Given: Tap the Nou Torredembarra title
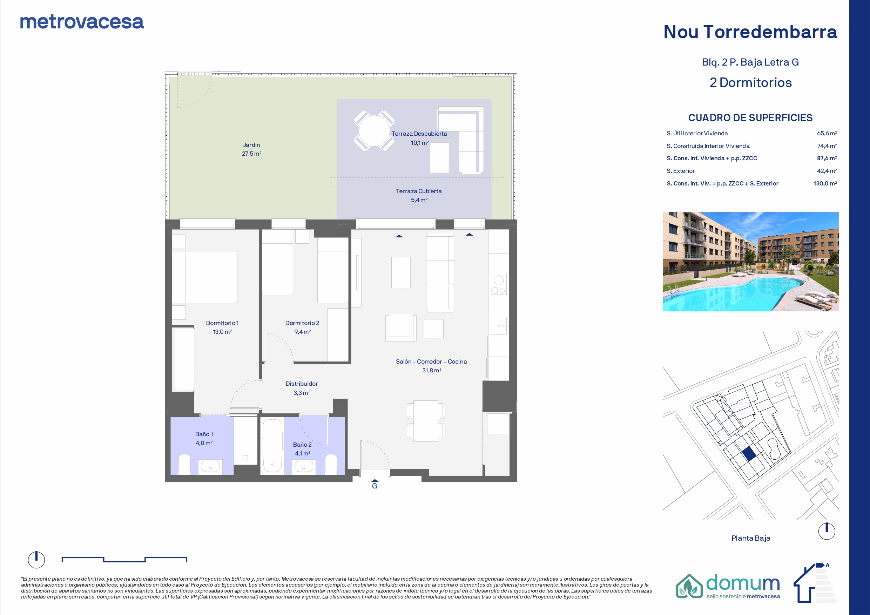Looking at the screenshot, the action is click(x=750, y=32).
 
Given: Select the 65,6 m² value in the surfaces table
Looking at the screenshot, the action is click(x=827, y=133).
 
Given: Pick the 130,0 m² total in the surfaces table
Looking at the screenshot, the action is click(x=825, y=183).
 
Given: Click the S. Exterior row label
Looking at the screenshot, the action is click(x=681, y=171).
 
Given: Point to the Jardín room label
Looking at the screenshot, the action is click(x=252, y=145).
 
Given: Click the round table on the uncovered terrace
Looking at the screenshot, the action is click(x=374, y=130).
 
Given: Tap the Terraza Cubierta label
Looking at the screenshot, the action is click(x=419, y=191).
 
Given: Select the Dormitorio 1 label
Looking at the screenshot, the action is click(x=222, y=323).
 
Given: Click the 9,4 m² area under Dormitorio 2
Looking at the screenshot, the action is click(x=302, y=332).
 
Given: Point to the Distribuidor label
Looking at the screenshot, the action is click(x=302, y=384).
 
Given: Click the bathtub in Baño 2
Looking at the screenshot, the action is click(x=272, y=445).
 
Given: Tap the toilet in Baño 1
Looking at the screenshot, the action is click(x=184, y=465).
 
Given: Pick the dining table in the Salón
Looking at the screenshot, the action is click(x=426, y=421).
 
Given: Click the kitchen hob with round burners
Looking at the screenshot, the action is click(x=498, y=285).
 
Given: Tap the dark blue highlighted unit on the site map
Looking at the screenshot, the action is click(x=749, y=454).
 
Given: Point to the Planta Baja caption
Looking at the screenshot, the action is click(x=751, y=538).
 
